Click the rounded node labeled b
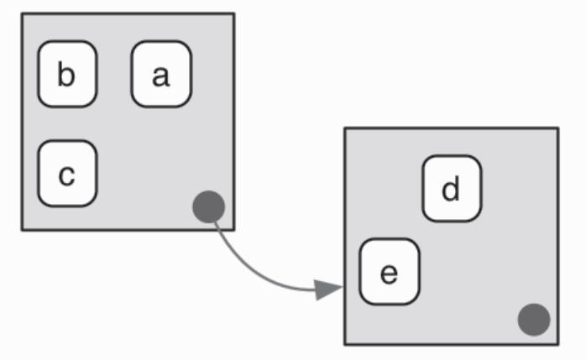click(67, 75)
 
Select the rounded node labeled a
click(161, 75)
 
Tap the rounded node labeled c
click(67, 174)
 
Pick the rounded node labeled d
click(452, 189)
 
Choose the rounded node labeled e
click(389, 273)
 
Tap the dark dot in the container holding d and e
click(533, 320)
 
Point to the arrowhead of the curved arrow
click(328, 290)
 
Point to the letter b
click(67, 75)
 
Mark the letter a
click(161, 76)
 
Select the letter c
click(67, 175)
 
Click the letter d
click(452, 189)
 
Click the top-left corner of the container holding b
click(22, 14)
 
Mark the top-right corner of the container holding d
click(557, 128)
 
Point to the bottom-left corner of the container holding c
click(22, 228)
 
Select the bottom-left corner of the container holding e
click(345, 343)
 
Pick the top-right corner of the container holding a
click(233, 14)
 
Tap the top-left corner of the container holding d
click(345, 128)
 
